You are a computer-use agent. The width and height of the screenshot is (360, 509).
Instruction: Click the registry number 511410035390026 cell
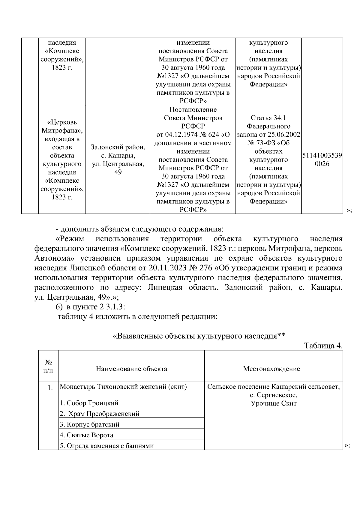pyautogui.click(x=322, y=160)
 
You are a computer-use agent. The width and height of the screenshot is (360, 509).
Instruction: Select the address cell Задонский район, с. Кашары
pyautogui.click(x=118, y=160)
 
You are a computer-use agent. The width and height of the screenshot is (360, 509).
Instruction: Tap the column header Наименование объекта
pyautogui.click(x=131, y=369)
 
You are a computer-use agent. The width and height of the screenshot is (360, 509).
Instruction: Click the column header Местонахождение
pyautogui.click(x=271, y=369)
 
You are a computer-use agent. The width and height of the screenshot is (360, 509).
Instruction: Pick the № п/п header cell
pyautogui.click(x=49, y=366)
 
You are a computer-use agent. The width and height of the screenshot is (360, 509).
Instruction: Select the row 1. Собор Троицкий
pyautogui.click(x=89, y=403)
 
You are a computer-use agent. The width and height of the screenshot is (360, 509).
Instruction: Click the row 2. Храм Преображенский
pyautogui.click(x=100, y=414)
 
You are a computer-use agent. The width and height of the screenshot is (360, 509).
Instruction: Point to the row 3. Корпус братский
pyautogui.click(x=90, y=424)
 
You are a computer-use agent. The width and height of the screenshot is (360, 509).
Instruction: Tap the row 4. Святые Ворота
pyautogui.click(x=87, y=435)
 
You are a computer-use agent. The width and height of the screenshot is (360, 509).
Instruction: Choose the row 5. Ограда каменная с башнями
pyautogui.click(x=107, y=446)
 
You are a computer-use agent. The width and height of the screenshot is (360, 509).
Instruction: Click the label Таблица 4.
pyautogui.click(x=323, y=346)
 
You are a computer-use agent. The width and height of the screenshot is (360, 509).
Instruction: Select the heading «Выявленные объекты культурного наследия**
pyautogui.click(x=198, y=336)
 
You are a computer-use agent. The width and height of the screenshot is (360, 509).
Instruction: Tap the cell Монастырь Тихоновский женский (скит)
pyautogui.click(x=123, y=387)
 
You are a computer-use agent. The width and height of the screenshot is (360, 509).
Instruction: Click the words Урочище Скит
pyautogui.click(x=274, y=403)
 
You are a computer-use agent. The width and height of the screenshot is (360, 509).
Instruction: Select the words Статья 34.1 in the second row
pyautogui.click(x=268, y=118)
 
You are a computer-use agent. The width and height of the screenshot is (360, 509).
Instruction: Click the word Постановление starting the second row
pyautogui.click(x=193, y=109)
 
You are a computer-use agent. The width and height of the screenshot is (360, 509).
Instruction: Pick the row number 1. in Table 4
pyautogui.click(x=50, y=388)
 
